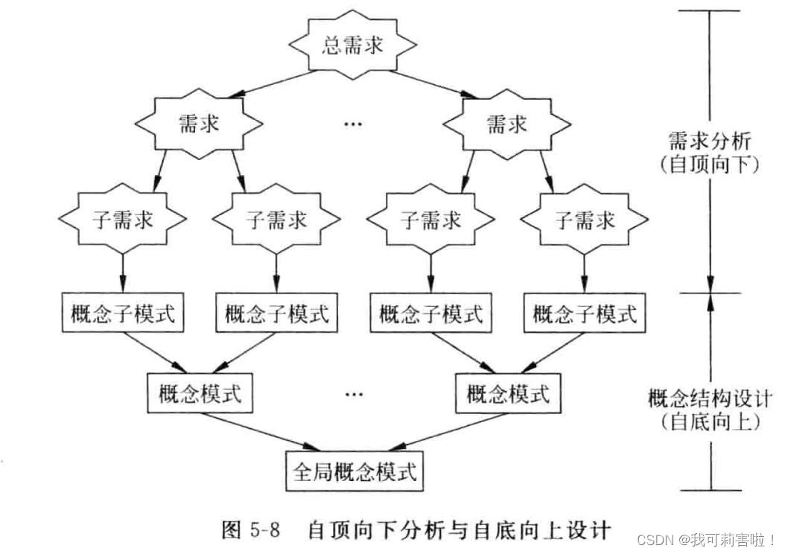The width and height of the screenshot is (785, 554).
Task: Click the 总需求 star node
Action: click(x=352, y=45)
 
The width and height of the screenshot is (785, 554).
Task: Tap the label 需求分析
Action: click(x=709, y=139)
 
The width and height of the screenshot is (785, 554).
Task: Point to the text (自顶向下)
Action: click(x=709, y=164)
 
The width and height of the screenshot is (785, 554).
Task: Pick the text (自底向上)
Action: click(x=709, y=421)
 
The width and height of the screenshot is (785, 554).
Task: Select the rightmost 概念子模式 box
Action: click(x=585, y=313)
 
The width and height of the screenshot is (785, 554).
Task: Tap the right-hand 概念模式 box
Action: click(x=508, y=393)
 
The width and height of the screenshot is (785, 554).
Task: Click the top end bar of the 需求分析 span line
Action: click(x=709, y=10)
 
